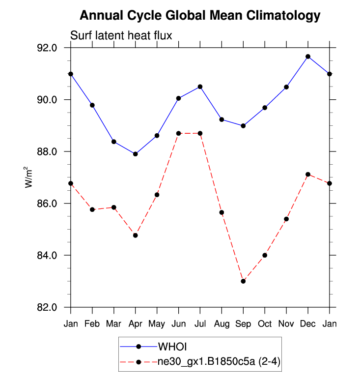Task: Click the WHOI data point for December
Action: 308,57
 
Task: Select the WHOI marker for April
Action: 136,154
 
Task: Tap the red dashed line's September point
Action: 243,281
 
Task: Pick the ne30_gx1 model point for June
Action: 179,133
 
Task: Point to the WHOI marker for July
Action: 200,87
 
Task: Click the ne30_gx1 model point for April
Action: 136,235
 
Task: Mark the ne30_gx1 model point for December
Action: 308,175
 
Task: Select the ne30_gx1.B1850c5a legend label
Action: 219,362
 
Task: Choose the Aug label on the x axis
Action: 222,323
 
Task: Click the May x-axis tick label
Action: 157,323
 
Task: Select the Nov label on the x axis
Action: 286,323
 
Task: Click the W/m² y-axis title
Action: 30,177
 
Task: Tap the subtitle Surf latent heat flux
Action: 121,35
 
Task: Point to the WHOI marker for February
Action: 92,105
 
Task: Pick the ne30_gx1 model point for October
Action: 265,255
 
